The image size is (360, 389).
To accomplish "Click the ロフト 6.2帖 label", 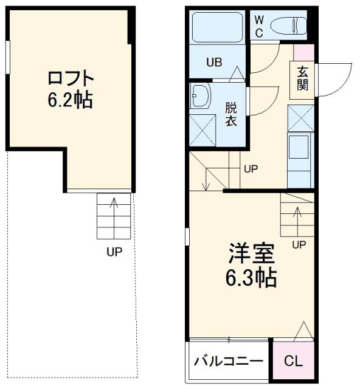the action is pyautogui.click(x=71, y=89).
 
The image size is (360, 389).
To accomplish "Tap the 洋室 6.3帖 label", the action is pyautogui.click(x=251, y=265).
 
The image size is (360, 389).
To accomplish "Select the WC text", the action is pyautogui.click(x=259, y=26).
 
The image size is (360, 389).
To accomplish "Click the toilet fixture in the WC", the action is pyautogui.click(x=288, y=25).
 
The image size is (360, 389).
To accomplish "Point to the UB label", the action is pyautogui.click(x=214, y=62).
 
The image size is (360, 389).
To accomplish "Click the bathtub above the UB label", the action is pyautogui.click(x=217, y=27).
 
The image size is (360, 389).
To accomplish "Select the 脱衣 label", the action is pyautogui.click(x=231, y=114).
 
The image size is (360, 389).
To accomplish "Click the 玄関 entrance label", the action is pyautogui.click(x=302, y=78).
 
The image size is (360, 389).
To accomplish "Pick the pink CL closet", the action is pyautogui.click(x=294, y=360).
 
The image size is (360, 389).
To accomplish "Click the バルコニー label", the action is pyautogui.click(x=228, y=361).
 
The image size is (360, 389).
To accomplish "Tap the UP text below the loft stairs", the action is pyautogui.click(x=114, y=252).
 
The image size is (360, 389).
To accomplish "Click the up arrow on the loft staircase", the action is pyautogui.click(x=114, y=216).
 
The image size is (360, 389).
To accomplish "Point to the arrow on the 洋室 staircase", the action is pyautogui.click(x=298, y=220).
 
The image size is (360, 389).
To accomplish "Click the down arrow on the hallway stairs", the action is pyautogui.click(x=206, y=179).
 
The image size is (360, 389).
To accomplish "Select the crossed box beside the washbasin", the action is pyautogui.click(x=202, y=131).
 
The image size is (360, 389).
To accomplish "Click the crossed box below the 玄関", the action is pyautogui.click(x=301, y=118).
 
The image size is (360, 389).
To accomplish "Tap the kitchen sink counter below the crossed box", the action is pyautogui.click(x=300, y=160).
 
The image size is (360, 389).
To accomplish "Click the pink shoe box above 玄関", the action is pyautogui.click(x=304, y=52).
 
